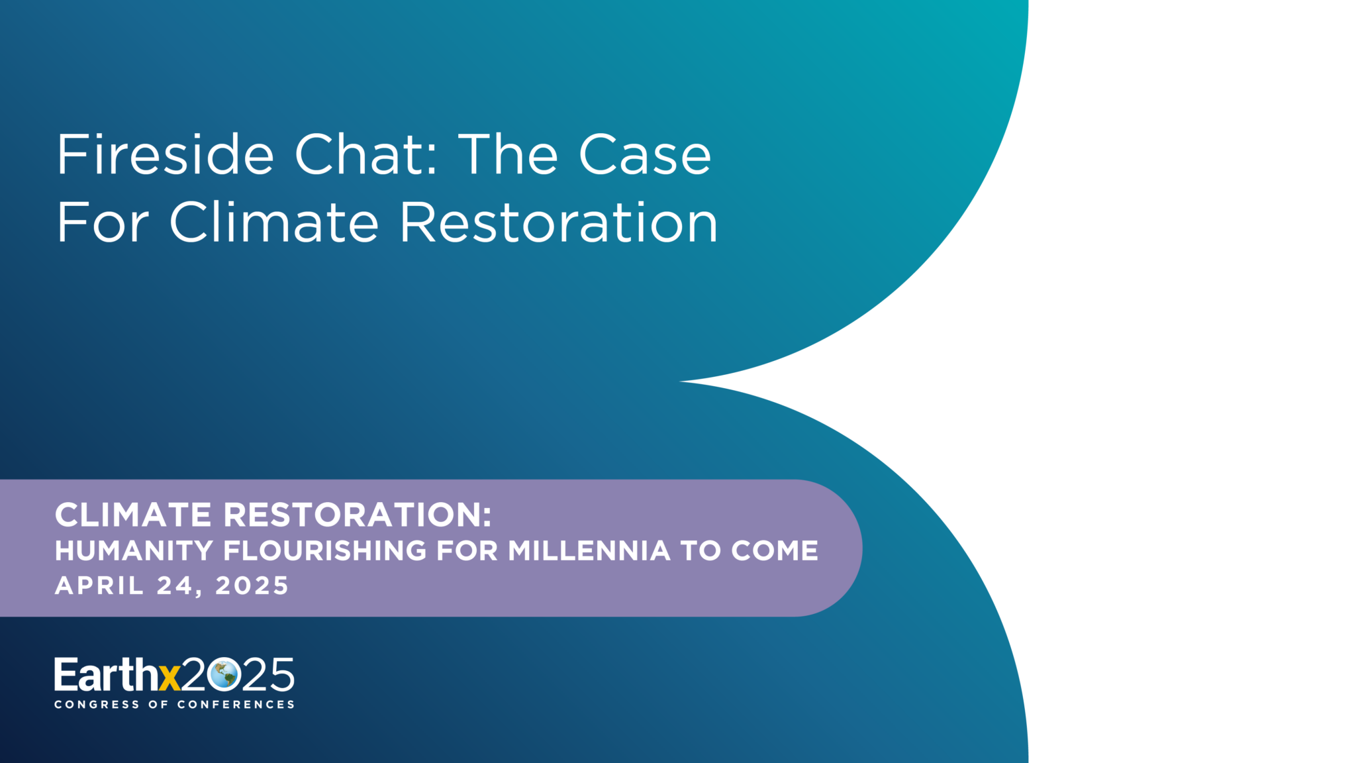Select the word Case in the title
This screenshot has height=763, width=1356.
(x=646, y=155)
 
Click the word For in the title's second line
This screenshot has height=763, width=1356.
(x=103, y=223)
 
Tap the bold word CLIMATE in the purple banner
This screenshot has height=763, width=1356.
(x=133, y=515)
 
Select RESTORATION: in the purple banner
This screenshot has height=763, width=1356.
(x=358, y=515)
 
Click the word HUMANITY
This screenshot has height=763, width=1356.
(x=134, y=551)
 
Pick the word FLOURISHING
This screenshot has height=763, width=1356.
(x=325, y=551)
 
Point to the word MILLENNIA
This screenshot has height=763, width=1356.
(x=589, y=551)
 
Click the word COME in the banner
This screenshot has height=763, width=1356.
(x=775, y=551)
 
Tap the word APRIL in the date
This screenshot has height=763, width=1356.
(x=99, y=585)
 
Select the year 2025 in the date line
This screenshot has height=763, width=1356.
(x=252, y=585)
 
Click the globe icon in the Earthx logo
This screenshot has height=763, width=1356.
(x=222, y=675)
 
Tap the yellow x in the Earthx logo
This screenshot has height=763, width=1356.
(x=170, y=678)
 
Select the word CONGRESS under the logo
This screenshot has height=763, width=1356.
(x=97, y=705)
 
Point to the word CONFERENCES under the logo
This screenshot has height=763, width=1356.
(x=236, y=705)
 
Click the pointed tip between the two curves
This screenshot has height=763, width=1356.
(x=681, y=381)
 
